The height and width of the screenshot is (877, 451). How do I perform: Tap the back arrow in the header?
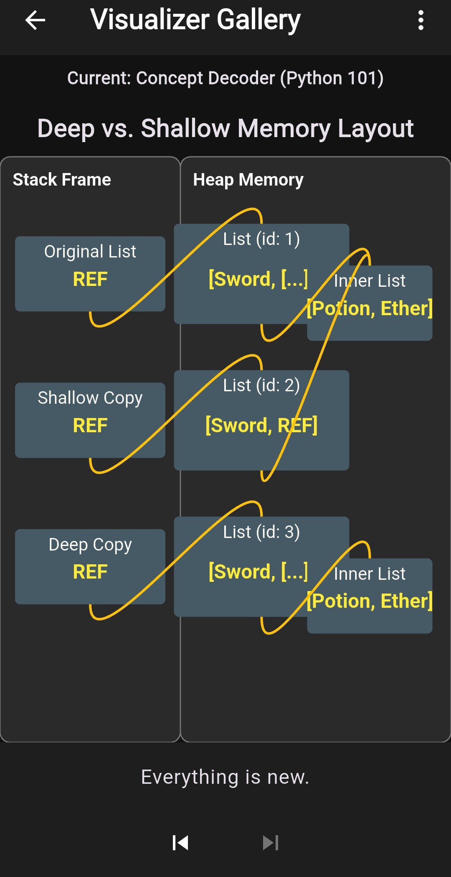click(x=35, y=20)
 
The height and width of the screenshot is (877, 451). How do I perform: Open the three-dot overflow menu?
click(x=421, y=20)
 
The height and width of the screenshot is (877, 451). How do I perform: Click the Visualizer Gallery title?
click(x=195, y=20)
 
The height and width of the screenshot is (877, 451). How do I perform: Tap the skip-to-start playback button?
click(x=180, y=843)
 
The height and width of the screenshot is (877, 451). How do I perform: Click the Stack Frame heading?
click(x=62, y=180)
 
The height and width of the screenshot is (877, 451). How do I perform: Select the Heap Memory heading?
click(x=248, y=180)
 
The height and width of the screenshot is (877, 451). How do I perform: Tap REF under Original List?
click(x=90, y=279)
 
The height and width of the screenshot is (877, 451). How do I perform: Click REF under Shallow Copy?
click(x=90, y=426)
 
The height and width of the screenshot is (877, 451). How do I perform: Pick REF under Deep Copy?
click(x=90, y=572)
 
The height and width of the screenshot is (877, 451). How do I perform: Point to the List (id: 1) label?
click(x=261, y=239)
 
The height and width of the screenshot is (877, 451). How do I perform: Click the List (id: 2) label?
click(x=261, y=385)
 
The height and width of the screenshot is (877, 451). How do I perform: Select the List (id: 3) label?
click(x=261, y=532)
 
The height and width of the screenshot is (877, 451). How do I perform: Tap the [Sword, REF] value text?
click(x=261, y=426)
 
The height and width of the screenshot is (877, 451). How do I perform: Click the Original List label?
click(x=90, y=252)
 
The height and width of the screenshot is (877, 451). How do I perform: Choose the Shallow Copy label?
click(x=90, y=398)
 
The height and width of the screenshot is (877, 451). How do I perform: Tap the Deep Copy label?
click(x=90, y=545)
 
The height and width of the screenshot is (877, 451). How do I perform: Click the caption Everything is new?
click(x=225, y=777)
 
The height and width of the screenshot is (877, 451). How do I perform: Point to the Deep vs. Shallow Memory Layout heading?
click(x=225, y=128)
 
